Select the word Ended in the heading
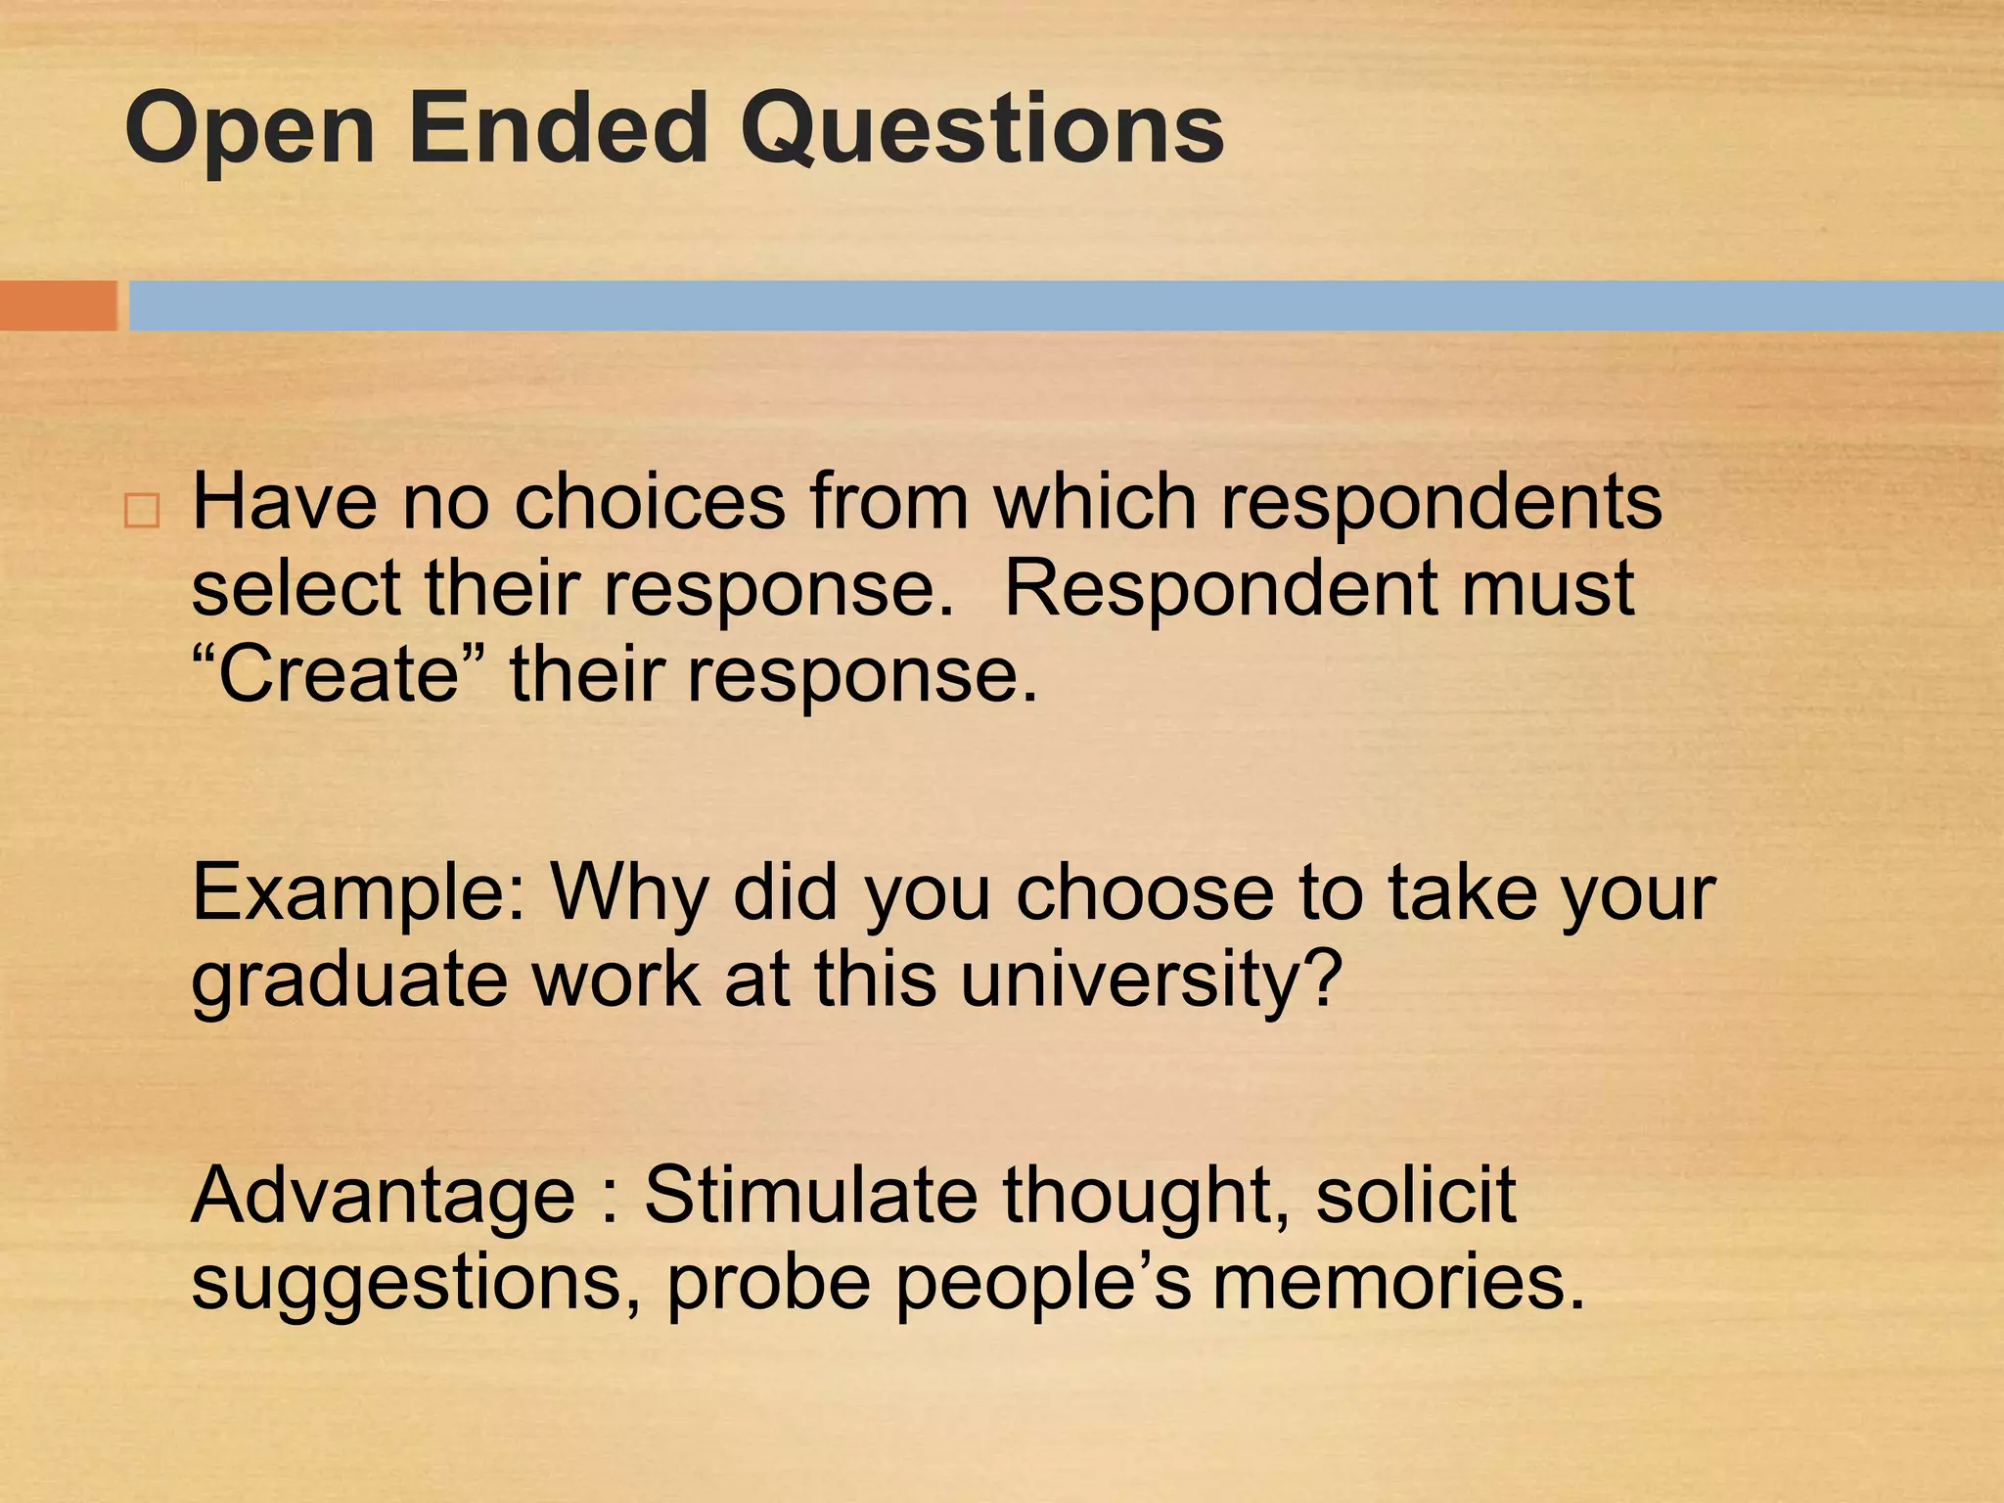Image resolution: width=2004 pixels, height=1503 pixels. [557, 129]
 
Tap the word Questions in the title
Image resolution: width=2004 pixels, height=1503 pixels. [981, 129]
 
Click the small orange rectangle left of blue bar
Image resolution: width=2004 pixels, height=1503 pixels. [58, 305]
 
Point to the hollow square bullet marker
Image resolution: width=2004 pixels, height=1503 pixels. [143, 512]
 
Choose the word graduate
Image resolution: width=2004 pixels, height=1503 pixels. [348, 981]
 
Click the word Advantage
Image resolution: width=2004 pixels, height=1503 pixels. [383, 1197]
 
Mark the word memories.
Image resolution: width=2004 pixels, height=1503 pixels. [1398, 1283]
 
